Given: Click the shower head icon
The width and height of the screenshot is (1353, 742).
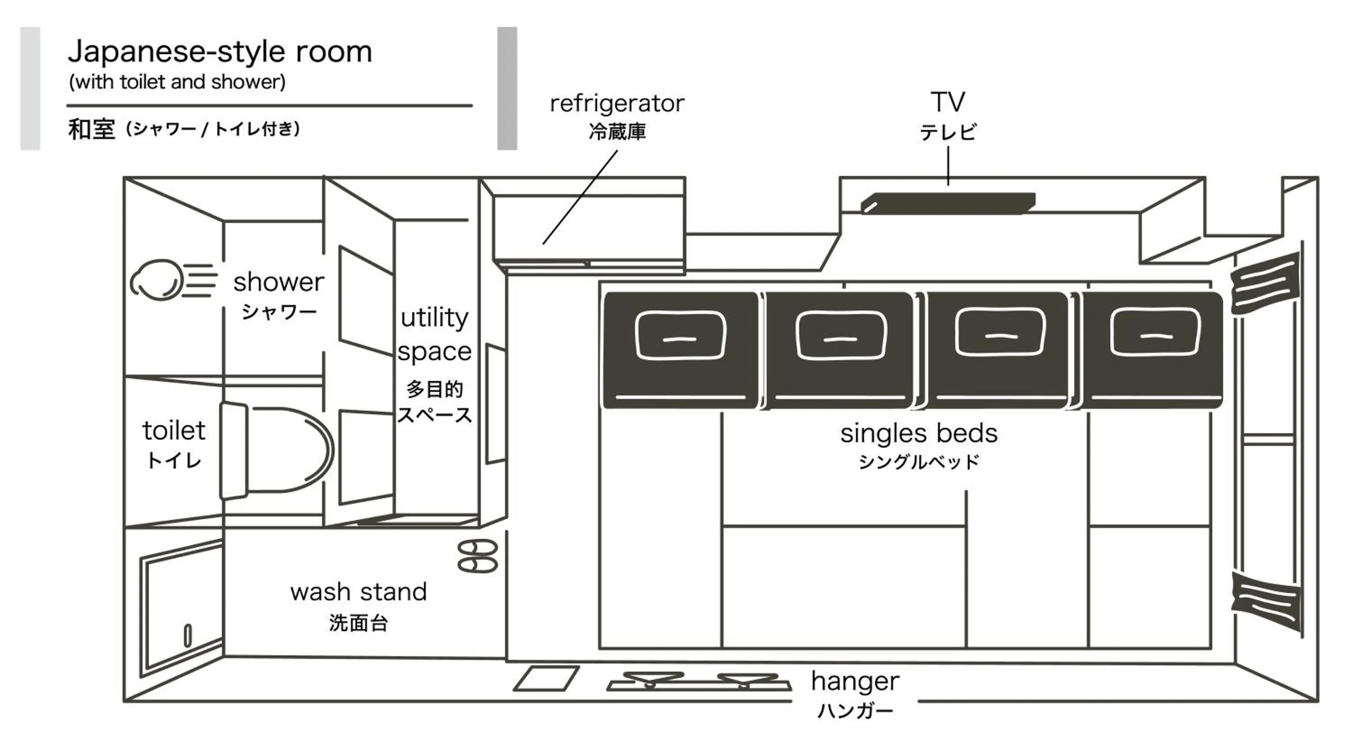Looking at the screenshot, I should [x=157, y=280].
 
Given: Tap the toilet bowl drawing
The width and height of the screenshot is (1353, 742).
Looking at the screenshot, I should [x=284, y=450].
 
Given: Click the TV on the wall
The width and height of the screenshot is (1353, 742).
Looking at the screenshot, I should [x=948, y=203].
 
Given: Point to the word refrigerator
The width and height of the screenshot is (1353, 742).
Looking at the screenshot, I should [x=617, y=103].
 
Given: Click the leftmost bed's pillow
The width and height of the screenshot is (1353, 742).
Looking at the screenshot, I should [x=680, y=335].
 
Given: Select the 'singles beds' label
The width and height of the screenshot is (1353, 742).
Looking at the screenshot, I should [x=919, y=434].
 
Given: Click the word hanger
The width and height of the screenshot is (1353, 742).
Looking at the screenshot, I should [x=855, y=682].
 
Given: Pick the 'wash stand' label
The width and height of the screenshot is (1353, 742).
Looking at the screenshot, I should [x=359, y=592].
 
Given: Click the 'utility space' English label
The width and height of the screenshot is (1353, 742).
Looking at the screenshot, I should [x=434, y=334].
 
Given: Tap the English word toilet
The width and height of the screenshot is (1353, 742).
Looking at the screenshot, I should [x=174, y=431].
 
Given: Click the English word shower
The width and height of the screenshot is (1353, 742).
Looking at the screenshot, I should [x=278, y=282].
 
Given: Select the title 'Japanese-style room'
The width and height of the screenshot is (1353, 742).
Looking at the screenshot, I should [x=220, y=51].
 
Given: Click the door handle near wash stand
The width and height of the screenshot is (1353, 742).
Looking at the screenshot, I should [x=188, y=635].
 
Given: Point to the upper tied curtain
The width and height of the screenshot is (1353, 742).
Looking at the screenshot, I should [x=1265, y=283].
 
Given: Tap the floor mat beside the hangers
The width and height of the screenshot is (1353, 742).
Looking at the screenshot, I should [x=546, y=678].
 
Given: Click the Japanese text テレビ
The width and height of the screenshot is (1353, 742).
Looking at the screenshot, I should [x=948, y=132].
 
